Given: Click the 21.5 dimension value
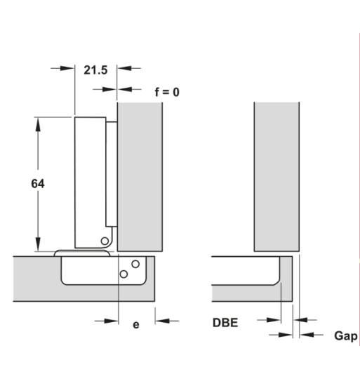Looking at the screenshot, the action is point(95,70).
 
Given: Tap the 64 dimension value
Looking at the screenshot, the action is point(38,184).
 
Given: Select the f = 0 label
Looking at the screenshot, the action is point(167,92).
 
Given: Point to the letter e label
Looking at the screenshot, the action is point(136,325).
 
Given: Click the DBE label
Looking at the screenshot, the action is point(225,323).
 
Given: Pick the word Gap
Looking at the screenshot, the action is point(346,336).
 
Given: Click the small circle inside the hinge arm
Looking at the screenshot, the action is point(105,241).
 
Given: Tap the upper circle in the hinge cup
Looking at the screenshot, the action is point(135,264).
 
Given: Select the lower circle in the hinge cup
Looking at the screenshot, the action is point(124,274).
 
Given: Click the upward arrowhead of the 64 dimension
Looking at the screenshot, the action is point(38,125).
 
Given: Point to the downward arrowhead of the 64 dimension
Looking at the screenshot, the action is point(38,244).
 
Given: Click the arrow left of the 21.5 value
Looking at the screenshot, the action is point(62,68).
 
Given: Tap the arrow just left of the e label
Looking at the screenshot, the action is point(106,321).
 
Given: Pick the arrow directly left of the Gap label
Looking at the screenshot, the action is point(311,335).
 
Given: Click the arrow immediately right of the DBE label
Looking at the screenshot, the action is point(269,320).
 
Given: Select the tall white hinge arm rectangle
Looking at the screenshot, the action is point(90,182).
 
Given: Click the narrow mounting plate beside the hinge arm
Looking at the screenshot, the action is point(112,174).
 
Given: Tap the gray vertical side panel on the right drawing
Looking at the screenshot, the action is point(276,177).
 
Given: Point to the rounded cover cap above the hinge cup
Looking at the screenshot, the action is point(82,253).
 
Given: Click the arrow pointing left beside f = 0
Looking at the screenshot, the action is point(130,89).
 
